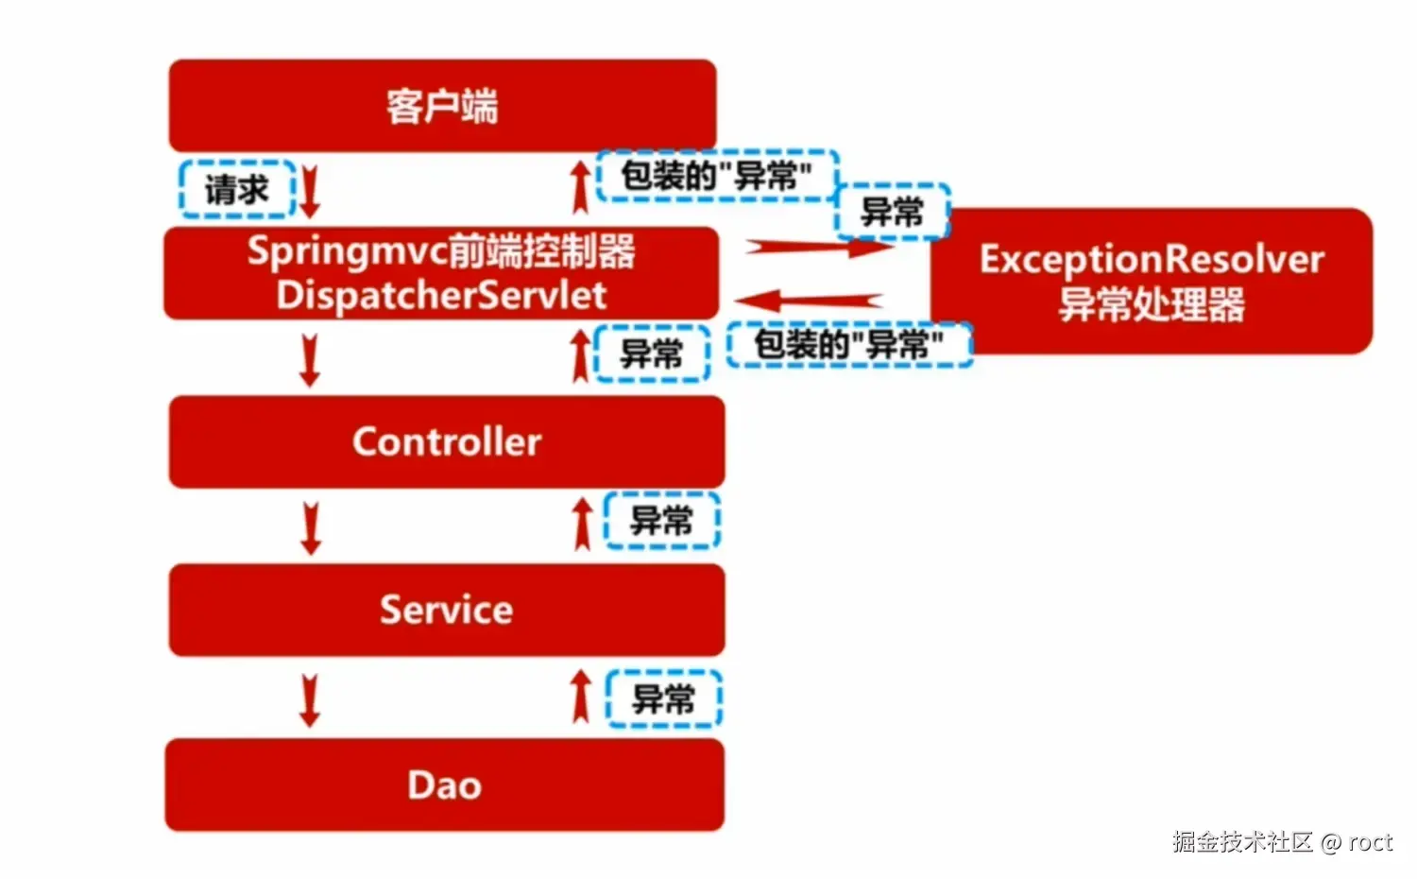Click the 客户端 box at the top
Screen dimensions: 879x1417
click(442, 106)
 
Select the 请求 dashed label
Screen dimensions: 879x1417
click(237, 190)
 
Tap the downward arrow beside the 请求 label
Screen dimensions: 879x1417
click(310, 190)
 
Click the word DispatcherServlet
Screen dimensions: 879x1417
click(441, 295)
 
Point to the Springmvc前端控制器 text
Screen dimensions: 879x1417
click(441, 251)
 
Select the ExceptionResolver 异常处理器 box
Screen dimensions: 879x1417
click(1151, 282)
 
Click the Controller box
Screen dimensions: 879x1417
click(446, 441)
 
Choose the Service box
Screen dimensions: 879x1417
click(446, 610)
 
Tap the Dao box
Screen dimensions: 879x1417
click(444, 785)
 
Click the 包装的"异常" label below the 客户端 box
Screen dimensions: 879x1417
click(717, 176)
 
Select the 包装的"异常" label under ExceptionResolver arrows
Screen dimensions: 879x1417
click(848, 345)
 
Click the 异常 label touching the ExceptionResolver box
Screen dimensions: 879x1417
click(892, 212)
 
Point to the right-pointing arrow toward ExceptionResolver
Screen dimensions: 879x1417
click(817, 248)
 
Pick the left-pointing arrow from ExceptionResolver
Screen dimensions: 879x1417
click(810, 301)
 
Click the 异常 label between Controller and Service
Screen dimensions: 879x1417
click(661, 520)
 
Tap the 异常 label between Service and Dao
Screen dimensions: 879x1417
click(663, 699)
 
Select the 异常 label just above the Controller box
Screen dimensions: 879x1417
click(651, 353)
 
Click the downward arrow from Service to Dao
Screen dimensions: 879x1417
click(309, 699)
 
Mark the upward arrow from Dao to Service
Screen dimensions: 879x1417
click(582, 698)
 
